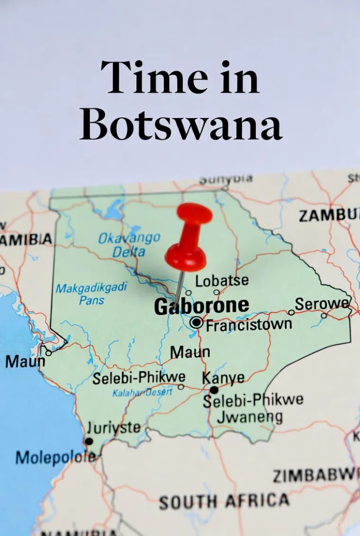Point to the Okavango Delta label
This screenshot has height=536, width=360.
click(129, 244)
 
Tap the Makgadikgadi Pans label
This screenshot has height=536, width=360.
click(91, 293)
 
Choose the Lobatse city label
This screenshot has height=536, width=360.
click(222, 280)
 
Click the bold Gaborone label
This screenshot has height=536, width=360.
click(201, 306)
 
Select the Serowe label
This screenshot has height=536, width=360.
click(322, 304)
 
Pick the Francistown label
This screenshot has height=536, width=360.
click(249, 325)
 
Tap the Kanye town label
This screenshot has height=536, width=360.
click(223, 378)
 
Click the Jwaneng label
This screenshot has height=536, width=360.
click(250, 417)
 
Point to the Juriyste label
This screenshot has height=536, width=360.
click(114, 428)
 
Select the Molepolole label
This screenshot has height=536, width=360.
click(55, 457)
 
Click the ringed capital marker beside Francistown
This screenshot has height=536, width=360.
click(196, 323)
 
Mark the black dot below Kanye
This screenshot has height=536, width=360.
click(214, 390)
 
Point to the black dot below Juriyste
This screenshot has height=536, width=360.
click(89, 441)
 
